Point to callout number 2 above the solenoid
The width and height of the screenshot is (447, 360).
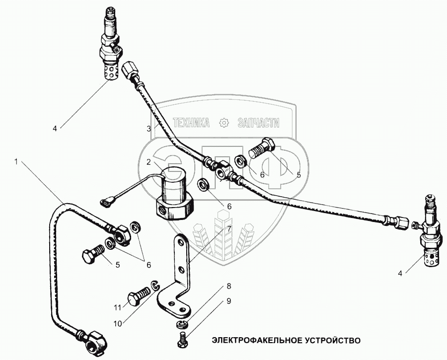[x=149, y=162]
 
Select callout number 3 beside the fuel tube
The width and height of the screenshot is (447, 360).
[x=149, y=129]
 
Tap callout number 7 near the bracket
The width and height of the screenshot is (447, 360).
[x=229, y=229]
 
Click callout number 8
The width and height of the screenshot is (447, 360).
[x=229, y=286]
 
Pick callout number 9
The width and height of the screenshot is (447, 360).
[x=229, y=300]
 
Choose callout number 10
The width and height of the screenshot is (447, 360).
[x=118, y=323]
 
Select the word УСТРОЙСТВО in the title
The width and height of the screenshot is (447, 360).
[x=328, y=341]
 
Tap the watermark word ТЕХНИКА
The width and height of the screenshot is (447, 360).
[x=191, y=123]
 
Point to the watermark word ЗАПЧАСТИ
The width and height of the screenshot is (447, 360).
[x=258, y=123]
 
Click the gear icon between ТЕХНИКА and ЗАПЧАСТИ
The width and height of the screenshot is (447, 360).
[x=224, y=123]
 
